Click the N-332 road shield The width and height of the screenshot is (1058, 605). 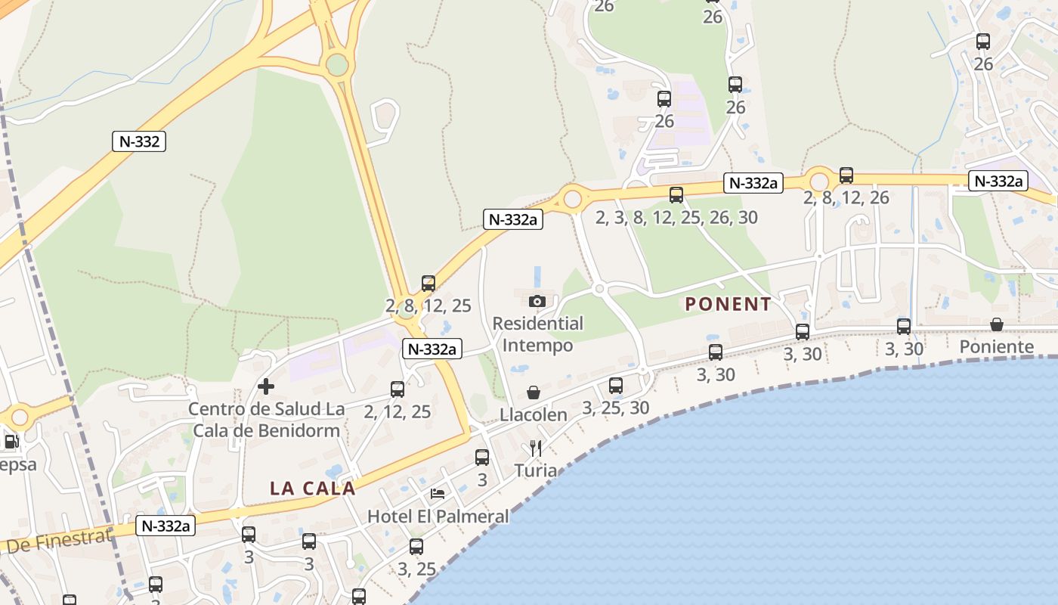point(140,141)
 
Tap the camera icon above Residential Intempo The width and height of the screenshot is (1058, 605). point(537,301)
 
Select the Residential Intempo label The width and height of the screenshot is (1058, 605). point(537,334)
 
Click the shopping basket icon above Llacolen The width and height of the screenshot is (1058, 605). point(534,392)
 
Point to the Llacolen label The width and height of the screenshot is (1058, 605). point(534,415)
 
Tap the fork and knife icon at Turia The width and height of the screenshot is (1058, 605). point(536,448)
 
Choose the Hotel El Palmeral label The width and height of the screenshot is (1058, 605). point(438,517)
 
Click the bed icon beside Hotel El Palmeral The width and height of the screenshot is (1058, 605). point(438,495)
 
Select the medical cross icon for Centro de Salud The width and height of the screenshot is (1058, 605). point(266,386)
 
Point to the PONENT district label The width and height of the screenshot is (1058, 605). point(728,305)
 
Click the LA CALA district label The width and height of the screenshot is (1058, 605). point(312,489)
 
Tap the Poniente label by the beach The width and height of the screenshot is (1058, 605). point(996,347)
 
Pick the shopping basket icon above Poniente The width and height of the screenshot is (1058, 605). point(997,324)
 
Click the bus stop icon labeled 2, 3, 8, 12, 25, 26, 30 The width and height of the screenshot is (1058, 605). point(676,195)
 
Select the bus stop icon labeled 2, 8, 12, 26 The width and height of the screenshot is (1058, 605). point(846,175)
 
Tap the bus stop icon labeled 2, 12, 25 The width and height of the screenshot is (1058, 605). point(398,389)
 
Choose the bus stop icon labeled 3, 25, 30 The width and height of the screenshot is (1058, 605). point(616,386)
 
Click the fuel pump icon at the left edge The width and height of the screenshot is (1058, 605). point(11,442)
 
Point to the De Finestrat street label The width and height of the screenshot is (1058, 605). point(59,541)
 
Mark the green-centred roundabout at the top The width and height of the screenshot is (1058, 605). point(337,65)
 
